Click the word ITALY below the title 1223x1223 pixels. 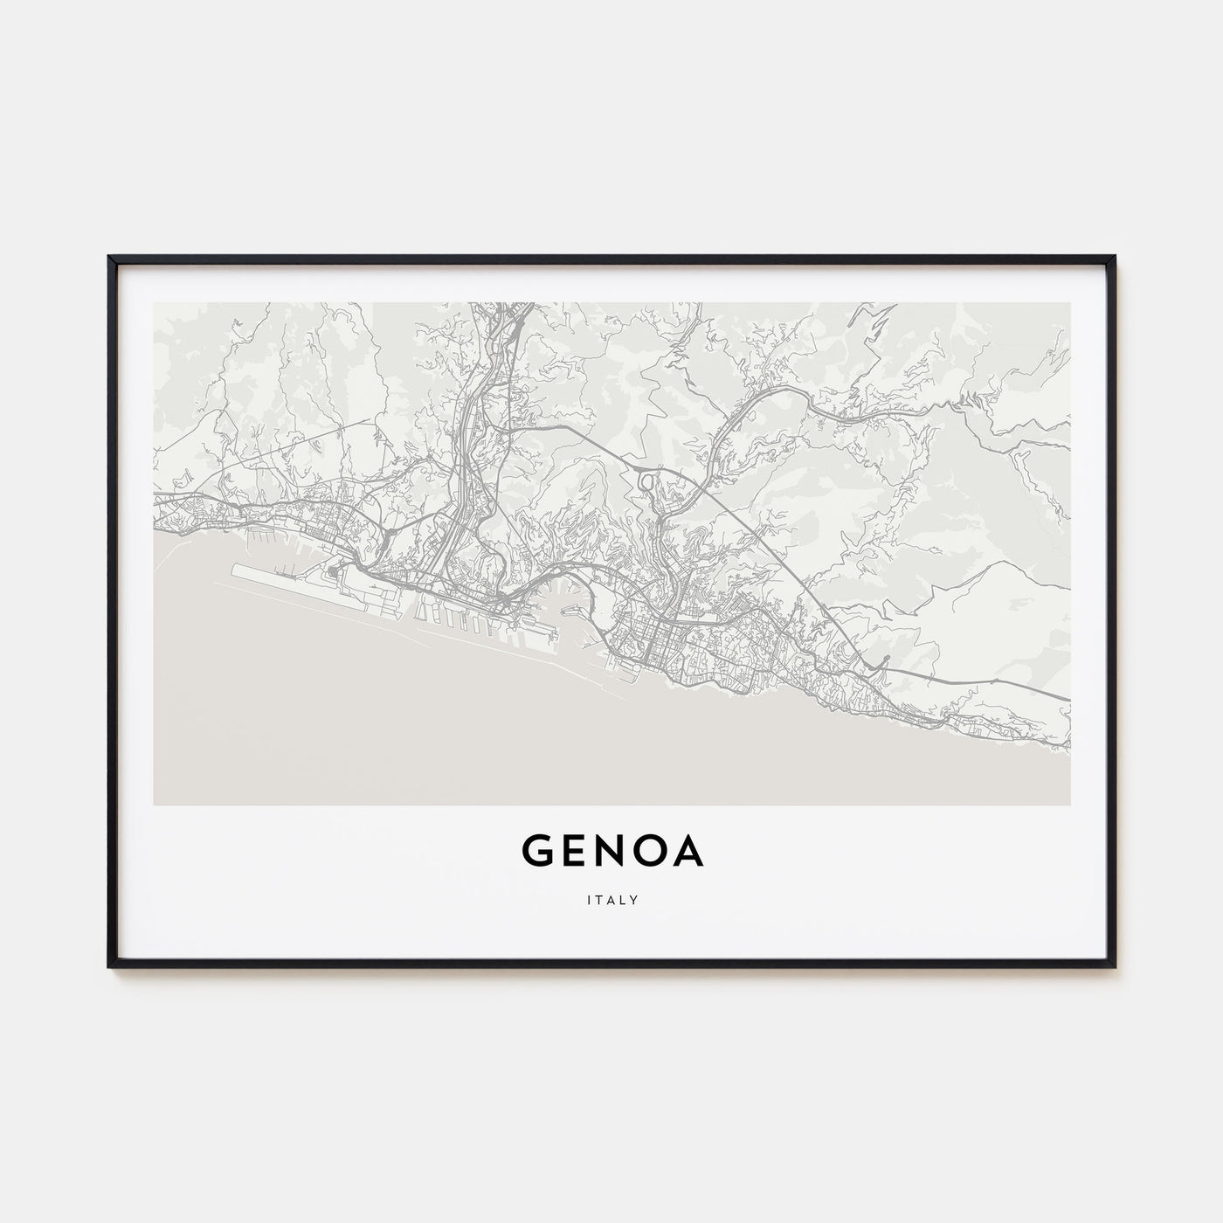coord(611,898)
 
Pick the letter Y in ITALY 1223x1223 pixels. coord(634,898)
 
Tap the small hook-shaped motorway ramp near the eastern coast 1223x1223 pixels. coord(881,663)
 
